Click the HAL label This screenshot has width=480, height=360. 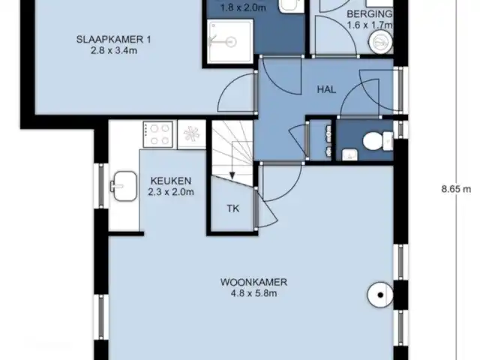point(326,88)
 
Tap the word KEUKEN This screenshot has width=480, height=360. point(171,181)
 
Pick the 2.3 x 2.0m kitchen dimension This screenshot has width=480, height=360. point(171,192)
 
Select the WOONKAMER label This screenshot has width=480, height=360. point(253,282)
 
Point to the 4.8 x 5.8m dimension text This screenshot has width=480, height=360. point(253,293)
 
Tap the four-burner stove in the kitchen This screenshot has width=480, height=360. point(159,134)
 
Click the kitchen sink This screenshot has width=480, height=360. point(122,182)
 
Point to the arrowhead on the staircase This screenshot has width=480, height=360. point(232,174)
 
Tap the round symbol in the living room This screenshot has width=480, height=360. point(380,295)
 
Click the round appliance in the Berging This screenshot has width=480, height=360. point(377,41)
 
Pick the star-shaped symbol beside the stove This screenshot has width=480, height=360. point(190,134)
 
